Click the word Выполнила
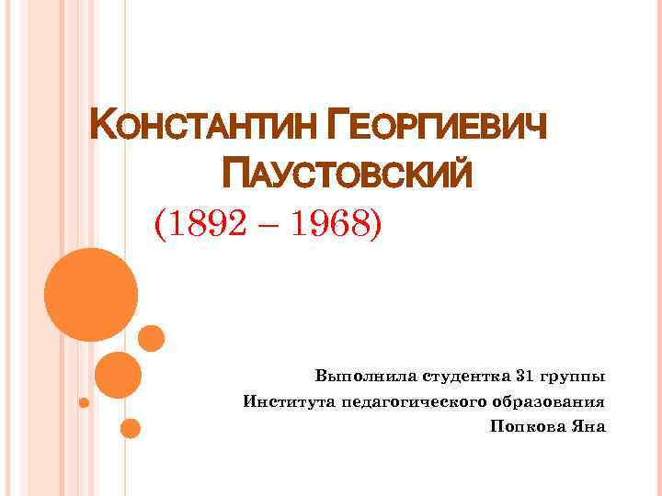(366, 377)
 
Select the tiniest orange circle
(84, 402)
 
